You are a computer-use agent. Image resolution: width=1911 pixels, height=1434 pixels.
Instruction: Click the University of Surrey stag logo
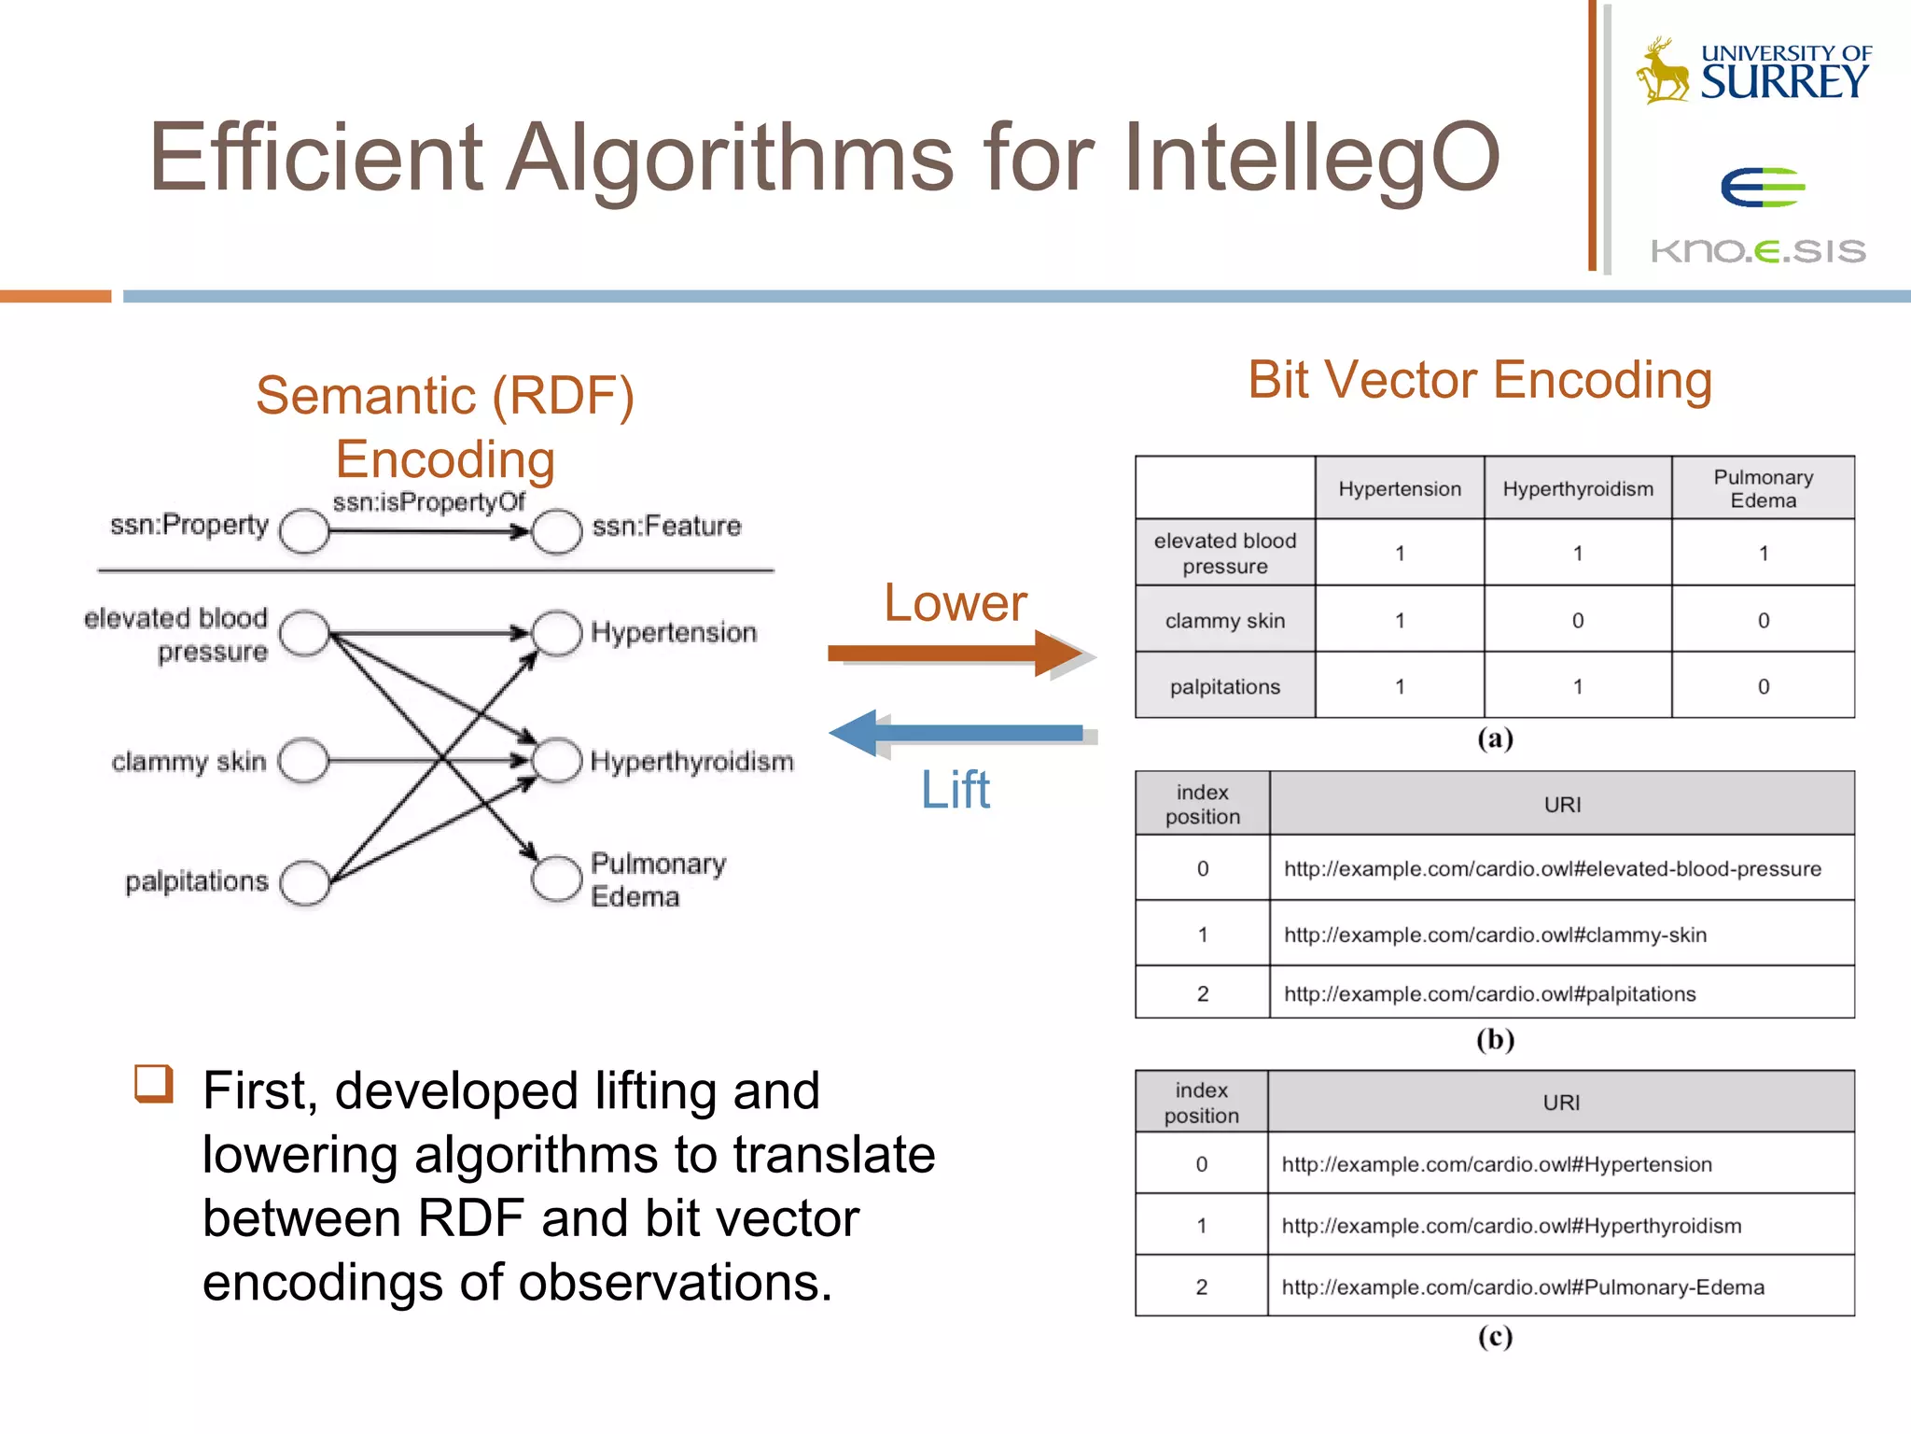tap(1663, 71)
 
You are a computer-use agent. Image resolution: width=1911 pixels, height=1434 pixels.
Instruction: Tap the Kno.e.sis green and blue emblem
tap(1762, 187)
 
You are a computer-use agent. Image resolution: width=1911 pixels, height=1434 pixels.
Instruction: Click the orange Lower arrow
tap(956, 653)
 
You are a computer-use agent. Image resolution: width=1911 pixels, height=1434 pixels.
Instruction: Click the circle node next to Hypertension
tap(557, 633)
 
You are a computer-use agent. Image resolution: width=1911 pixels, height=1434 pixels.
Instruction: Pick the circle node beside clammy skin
tap(304, 761)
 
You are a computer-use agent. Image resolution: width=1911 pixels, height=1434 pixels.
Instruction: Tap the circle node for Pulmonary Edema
tap(557, 879)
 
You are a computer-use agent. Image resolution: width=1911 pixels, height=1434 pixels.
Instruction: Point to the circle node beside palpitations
tap(305, 882)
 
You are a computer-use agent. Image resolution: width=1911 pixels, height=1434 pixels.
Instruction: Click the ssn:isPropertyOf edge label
tap(428, 503)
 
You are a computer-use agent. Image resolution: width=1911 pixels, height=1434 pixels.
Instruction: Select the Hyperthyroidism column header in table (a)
tap(1577, 489)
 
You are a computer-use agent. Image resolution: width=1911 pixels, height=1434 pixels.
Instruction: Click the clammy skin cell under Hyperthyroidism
tap(1577, 620)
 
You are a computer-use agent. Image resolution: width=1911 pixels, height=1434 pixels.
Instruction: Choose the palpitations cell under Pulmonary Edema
tap(1763, 686)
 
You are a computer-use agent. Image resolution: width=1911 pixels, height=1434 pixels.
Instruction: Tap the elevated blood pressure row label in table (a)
tap(1224, 554)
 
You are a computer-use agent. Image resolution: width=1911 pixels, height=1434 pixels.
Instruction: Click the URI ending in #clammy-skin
tap(1495, 935)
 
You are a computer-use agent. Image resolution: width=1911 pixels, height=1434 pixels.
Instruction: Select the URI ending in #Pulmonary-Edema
tap(1523, 1287)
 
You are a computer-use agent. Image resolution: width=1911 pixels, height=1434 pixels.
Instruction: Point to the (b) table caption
tap(1495, 1039)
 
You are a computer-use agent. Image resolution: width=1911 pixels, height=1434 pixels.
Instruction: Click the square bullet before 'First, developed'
tap(154, 1084)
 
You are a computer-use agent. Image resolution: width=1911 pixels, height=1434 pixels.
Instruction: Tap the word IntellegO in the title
tap(1311, 157)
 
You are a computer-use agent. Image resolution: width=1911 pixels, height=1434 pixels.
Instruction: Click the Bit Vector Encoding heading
tap(1480, 381)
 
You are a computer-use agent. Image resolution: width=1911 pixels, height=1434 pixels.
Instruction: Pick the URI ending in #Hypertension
tap(1497, 1164)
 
